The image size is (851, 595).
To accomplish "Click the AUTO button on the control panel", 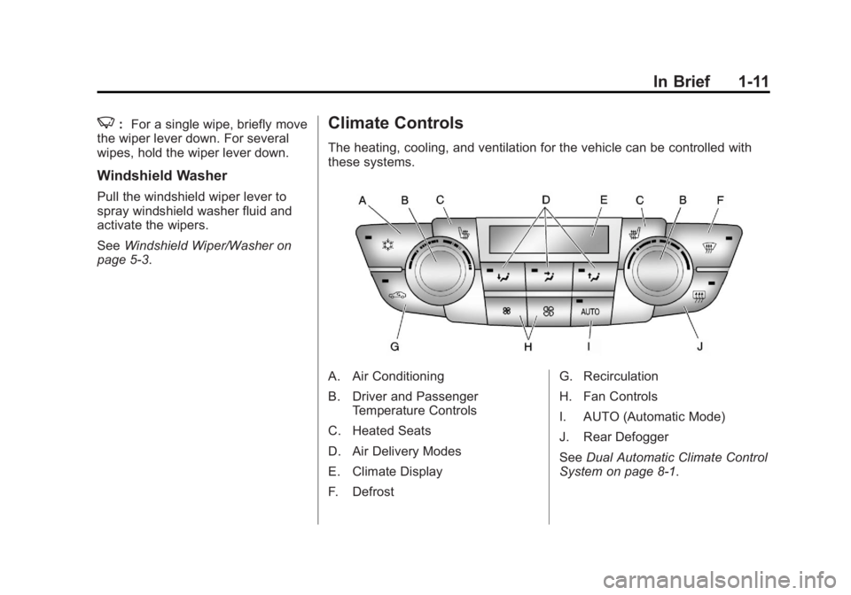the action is coord(591,312).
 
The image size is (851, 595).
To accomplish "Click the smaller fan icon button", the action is coord(506,312).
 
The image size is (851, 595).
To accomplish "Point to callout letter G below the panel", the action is coord(395,347).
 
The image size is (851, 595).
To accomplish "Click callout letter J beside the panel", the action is coord(699,347).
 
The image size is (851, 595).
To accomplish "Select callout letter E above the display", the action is coord(603,200).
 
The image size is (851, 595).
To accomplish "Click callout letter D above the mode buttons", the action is coord(547,200).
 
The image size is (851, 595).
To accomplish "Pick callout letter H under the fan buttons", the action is coord(528,347).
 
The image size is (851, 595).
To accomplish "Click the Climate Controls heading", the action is coord(395,125).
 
